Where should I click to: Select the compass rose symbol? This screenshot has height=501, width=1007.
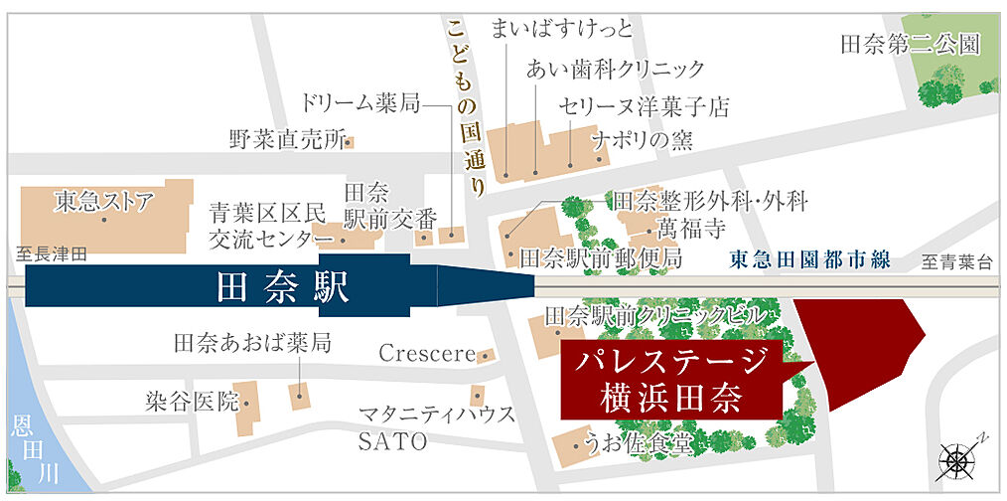point(956,458)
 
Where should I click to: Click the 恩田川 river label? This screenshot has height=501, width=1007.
point(21,448)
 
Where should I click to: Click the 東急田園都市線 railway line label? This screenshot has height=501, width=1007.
point(809,261)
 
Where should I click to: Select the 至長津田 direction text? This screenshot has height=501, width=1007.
point(52,254)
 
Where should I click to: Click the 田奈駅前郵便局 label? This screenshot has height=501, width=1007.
point(601,258)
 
